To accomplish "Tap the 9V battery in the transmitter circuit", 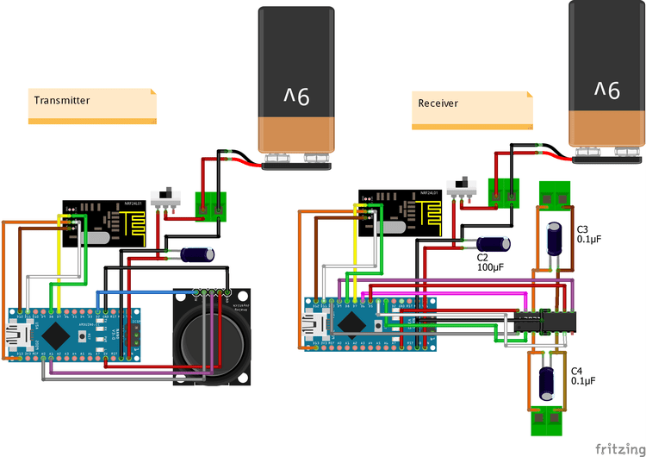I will [x=295, y=86].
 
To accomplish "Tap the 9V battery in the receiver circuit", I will [x=606, y=78].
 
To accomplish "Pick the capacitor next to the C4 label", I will [x=546, y=381].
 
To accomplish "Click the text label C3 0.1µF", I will [x=589, y=232].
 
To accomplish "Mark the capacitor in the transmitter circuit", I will [x=199, y=254].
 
